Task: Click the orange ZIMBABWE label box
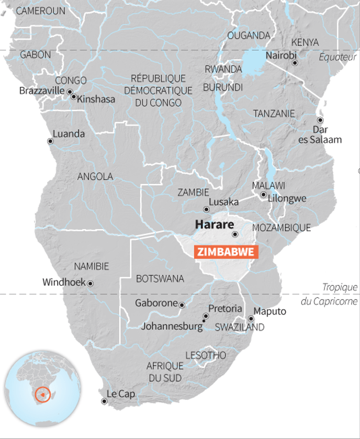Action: [x=227, y=252]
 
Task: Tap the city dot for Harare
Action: [x=235, y=234]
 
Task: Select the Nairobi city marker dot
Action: [x=295, y=63]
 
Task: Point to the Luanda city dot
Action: [x=50, y=141]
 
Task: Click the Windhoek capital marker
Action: [x=90, y=283]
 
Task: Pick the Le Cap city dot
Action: [x=104, y=401]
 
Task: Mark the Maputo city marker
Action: [x=251, y=318]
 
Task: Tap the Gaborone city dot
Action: [x=182, y=305]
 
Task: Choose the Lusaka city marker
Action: [x=206, y=208]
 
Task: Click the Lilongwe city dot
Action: [x=264, y=195]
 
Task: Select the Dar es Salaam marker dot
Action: [x=320, y=120]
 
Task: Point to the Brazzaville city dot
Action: [x=70, y=92]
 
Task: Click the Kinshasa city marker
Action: [x=74, y=97]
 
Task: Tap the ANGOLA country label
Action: [x=95, y=177]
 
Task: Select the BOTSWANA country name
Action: [x=160, y=279]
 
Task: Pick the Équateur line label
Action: [x=337, y=57]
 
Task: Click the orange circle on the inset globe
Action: [x=42, y=393]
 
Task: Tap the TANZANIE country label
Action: [x=274, y=114]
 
